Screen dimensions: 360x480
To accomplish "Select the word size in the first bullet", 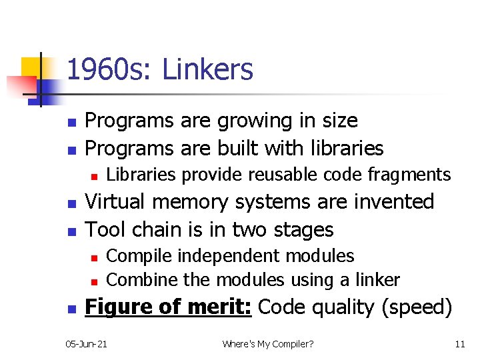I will pos(337,121).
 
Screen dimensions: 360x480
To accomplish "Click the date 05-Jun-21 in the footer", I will pos(87,344).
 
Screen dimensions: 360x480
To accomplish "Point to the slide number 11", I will pos(459,344).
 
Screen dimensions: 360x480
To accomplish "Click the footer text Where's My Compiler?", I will pos(267,344).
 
